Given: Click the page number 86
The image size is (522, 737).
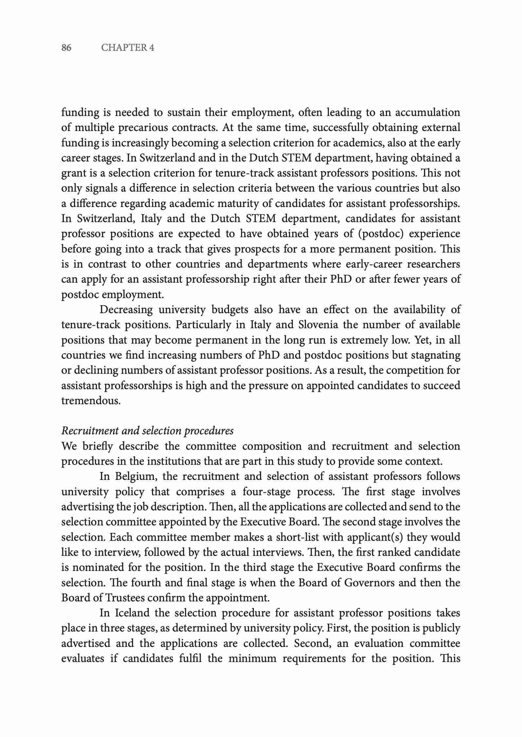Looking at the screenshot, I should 66,48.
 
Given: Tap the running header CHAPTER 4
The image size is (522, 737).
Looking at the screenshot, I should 127,48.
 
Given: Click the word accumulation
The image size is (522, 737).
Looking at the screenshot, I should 427,112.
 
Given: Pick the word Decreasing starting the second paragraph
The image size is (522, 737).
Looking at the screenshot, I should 126,310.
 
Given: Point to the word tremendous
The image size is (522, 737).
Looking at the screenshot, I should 91,401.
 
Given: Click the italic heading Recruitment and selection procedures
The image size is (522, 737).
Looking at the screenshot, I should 147,430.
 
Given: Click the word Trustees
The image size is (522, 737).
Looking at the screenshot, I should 125,598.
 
